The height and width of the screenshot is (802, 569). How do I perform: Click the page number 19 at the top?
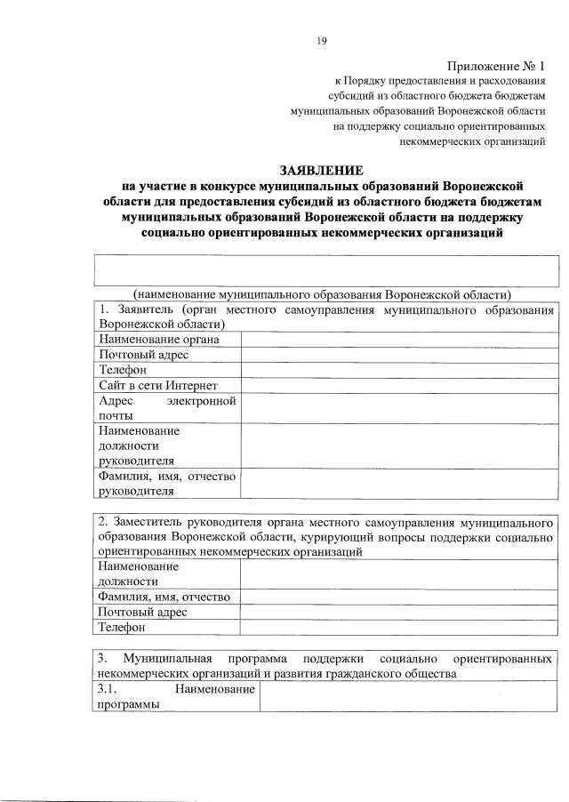323,39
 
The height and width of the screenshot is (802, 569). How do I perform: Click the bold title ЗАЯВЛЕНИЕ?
321,170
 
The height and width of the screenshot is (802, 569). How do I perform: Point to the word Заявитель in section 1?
142,310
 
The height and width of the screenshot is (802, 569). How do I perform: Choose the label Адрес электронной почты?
166,407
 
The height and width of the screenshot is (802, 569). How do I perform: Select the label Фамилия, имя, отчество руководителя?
166,483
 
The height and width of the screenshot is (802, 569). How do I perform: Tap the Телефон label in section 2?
122,628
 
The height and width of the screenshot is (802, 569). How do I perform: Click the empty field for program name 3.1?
410,696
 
